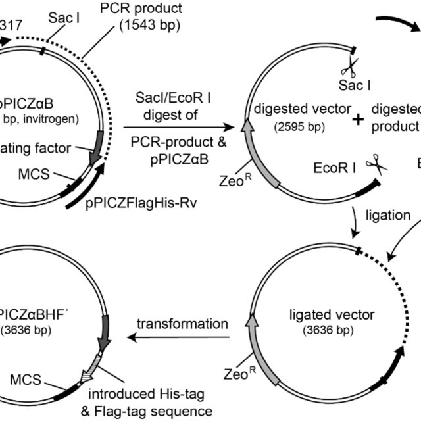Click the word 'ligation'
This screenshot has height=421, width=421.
(388, 215)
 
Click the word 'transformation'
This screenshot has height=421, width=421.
(182, 324)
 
